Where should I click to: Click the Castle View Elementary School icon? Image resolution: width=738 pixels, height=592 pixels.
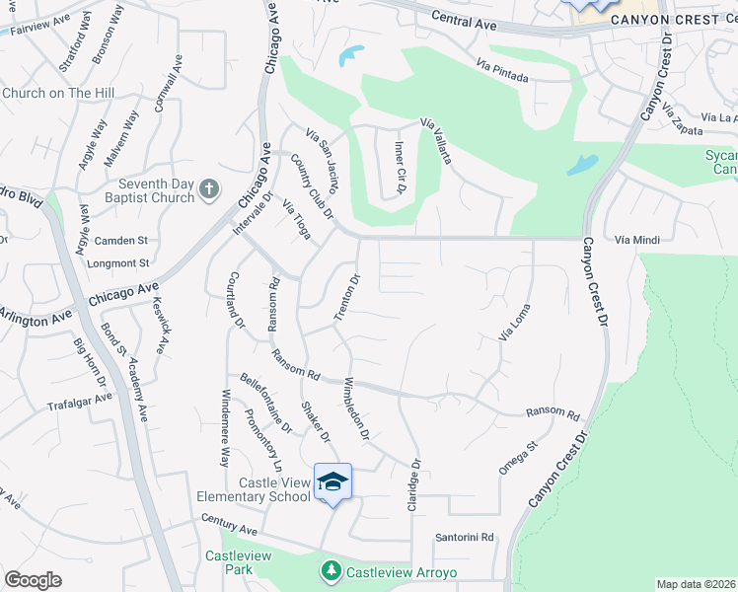tap(332, 481)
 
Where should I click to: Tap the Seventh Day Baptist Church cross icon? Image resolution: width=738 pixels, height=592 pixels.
tap(208, 188)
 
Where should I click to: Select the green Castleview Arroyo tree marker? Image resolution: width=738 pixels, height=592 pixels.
tap(332, 570)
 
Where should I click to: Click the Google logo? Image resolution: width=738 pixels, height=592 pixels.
tap(33, 580)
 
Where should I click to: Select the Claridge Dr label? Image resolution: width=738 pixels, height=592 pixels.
tap(414, 483)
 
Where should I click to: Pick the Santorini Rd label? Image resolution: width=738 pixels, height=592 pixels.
tap(464, 538)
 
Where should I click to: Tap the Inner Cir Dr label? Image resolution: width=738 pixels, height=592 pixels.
tap(401, 168)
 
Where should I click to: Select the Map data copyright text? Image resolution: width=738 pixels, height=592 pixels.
tap(696, 584)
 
